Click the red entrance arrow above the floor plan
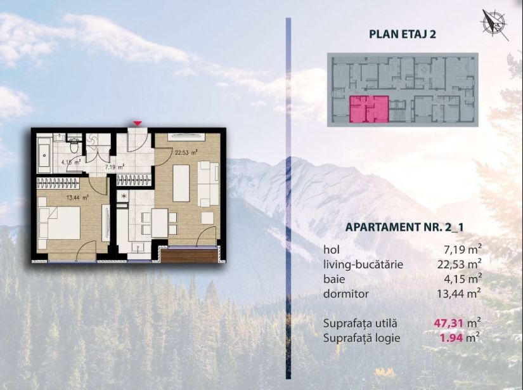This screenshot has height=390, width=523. point(138,122)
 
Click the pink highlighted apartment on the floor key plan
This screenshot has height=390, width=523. point(368,108)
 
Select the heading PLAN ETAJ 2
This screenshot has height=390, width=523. point(403,34)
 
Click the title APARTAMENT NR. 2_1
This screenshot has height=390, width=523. point(404,226)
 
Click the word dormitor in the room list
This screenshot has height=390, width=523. point(345,294)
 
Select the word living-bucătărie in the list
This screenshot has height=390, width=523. point(363,264)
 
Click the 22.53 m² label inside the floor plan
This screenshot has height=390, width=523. point(186,152)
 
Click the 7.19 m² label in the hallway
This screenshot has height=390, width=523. point(114,167)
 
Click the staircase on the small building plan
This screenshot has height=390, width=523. point(398,112)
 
